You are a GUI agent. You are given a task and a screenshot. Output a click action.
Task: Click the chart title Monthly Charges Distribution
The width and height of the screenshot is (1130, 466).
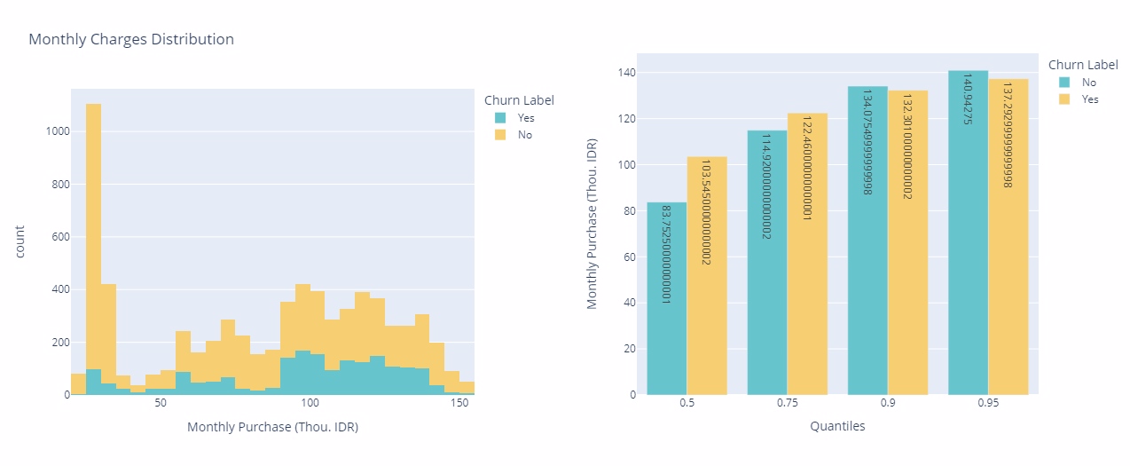pyautogui.click(x=131, y=39)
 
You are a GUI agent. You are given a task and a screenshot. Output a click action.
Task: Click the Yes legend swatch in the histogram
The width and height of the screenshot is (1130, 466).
pyautogui.click(x=500, y=117)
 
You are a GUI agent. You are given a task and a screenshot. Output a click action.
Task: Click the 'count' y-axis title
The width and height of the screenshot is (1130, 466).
pyautogui.click(x=20, y=241)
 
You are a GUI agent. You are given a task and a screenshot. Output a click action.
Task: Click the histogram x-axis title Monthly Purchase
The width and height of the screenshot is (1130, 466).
pyautogui.click(x=272, y=427)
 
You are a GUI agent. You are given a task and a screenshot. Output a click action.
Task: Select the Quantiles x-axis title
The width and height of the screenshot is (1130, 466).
pyautogui.click(x=837, y=426)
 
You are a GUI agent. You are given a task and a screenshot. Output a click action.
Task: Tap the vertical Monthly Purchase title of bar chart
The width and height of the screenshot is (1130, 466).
pyautogui.click(x=592, y=224)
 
